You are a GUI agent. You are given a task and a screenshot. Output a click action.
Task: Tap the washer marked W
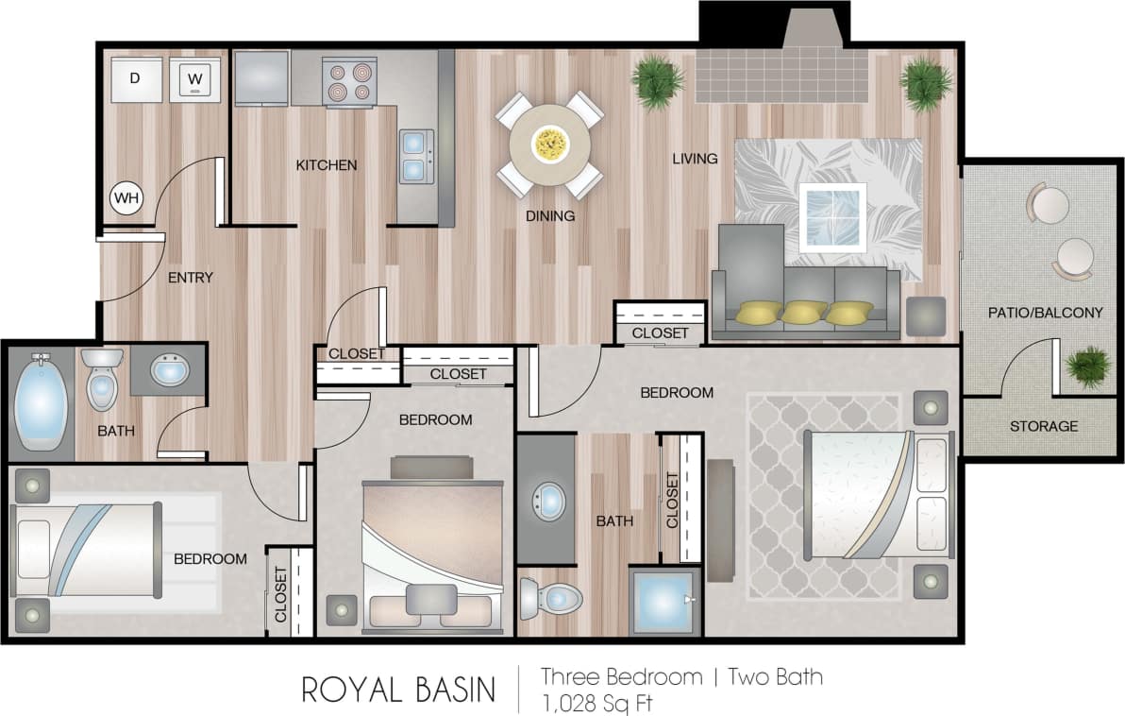click(x=195, y=79)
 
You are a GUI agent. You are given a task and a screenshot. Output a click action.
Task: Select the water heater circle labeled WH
click(x=126, y=198)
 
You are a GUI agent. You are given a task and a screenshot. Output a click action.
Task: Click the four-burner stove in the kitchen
click(x=348, y=81)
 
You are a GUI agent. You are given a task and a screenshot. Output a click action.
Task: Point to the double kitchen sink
click(x=414, y=156)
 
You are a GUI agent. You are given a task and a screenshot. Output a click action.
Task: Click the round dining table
click(x=549, y=145)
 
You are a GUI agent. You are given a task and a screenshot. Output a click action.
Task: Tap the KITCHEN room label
click(x=327, y=165)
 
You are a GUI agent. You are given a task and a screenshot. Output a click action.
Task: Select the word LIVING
click(x=695, y=158)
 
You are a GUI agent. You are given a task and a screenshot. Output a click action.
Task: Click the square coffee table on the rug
click(x=831, y=216)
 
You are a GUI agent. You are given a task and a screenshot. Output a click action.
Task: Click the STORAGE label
click(x=1043, y=426)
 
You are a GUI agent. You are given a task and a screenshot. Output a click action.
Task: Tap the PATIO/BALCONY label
click(x=1045, y=312)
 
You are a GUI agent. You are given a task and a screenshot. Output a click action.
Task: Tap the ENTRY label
click(x=190, y=278)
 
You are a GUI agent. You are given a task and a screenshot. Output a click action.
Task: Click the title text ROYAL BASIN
click(x=398, y=690)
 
